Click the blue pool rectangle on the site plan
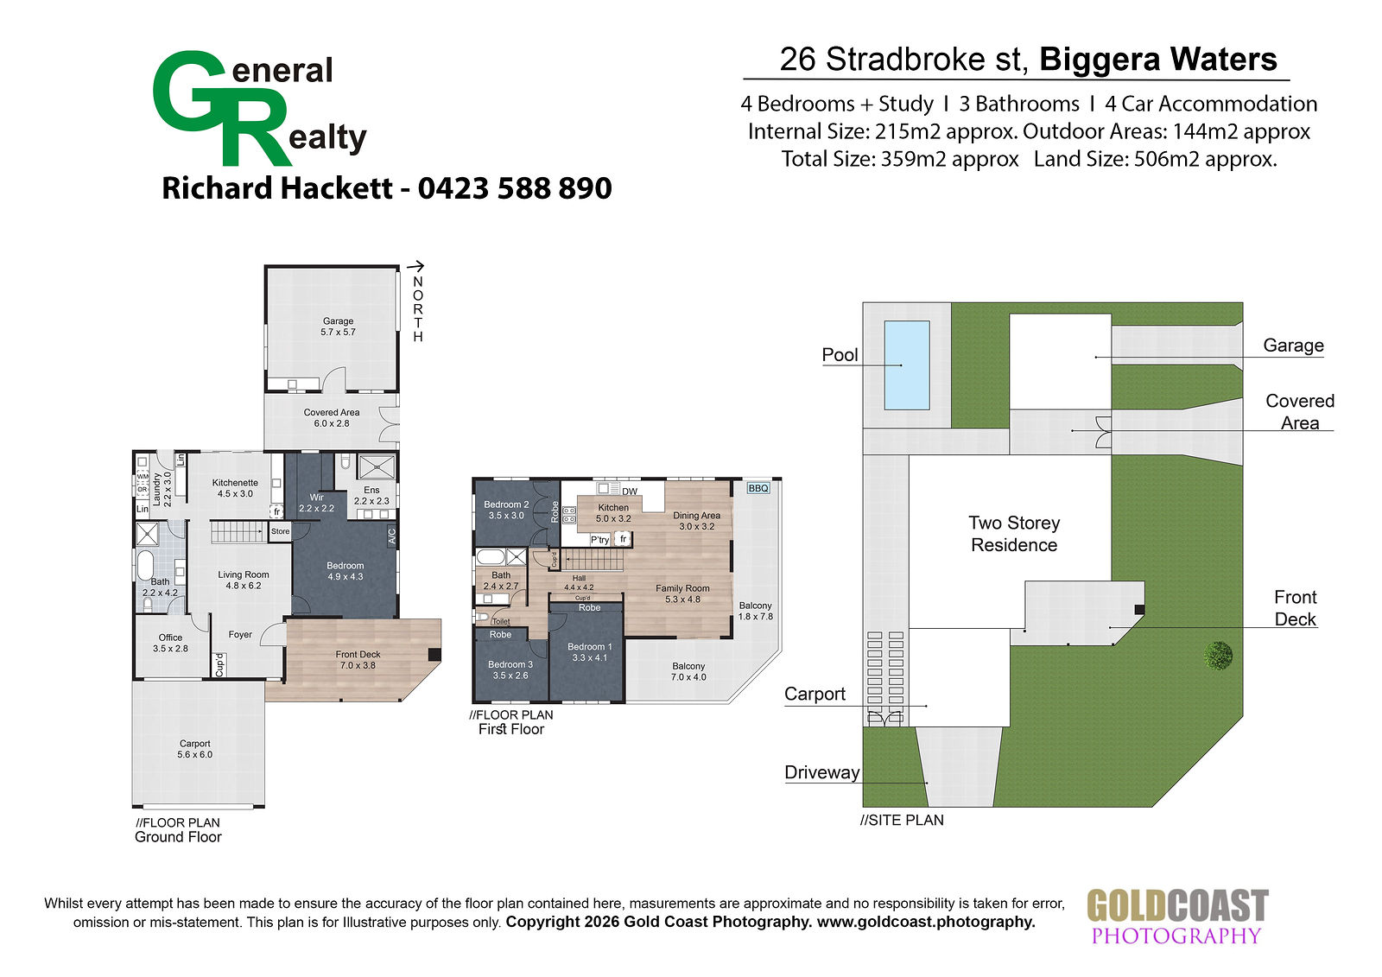click(x=907, y=365)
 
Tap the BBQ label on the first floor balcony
click(x=758, y=488)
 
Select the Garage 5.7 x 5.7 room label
click(x=338, y=327)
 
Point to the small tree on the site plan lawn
click(x=1218, y=655)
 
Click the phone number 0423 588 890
click(x=515, y=188)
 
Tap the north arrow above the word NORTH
click(x=415, y=266)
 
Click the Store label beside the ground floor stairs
click(x=280, y=531)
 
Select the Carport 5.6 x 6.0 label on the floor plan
click(x=195, y=749)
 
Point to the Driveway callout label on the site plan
click(x=821, y=772)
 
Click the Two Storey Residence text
click(x=1014, y=534)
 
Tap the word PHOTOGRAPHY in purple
click(x=1176, y=936)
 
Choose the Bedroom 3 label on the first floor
click(x=510, y=670)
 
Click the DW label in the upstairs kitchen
click(x=630, y=492)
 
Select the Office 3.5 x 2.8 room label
click(x=170, y=643)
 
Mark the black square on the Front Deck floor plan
click(x=434, y=655)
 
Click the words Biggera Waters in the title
click(x=1158, y=60)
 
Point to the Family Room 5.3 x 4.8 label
click(x=682, y=593)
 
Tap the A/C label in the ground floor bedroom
click(x=391, y=536)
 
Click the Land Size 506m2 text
click(x=1156, y=159)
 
